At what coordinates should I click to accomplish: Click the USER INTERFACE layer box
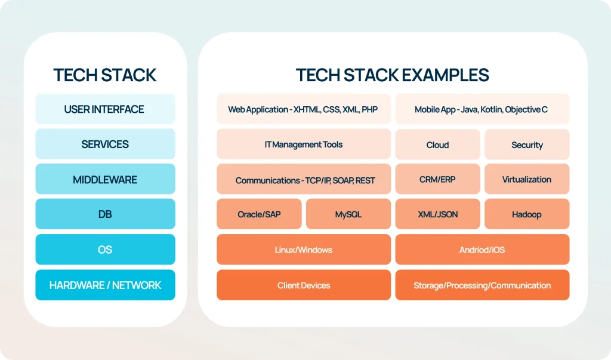click(105, 109)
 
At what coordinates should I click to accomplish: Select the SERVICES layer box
click(105, 144)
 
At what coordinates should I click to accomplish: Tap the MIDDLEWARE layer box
click(105, 180)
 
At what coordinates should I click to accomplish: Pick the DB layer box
click(105, 214)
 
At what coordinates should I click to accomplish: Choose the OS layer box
click(105, 250)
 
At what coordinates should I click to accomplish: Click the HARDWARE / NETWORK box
click(105, 285)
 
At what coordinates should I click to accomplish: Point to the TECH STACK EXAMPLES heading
click(392, 75)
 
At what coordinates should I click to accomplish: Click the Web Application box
click(303, 109)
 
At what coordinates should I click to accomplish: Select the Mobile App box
click(482, 109)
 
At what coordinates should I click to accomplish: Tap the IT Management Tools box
click(303, 144)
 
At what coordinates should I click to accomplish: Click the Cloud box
click(437, 144)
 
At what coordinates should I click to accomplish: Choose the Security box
click(527, 144)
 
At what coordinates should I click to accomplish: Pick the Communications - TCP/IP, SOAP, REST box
click(303, 180)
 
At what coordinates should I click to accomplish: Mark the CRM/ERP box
click(437, 179)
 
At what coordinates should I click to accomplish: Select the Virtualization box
click(527, 179)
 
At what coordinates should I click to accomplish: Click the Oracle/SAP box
click(258, 214)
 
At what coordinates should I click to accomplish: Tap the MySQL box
click(348, 214)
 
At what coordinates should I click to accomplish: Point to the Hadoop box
click(527, 214)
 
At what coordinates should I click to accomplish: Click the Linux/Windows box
click(303, 250)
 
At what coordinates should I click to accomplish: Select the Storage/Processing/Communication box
click(482, 285)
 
